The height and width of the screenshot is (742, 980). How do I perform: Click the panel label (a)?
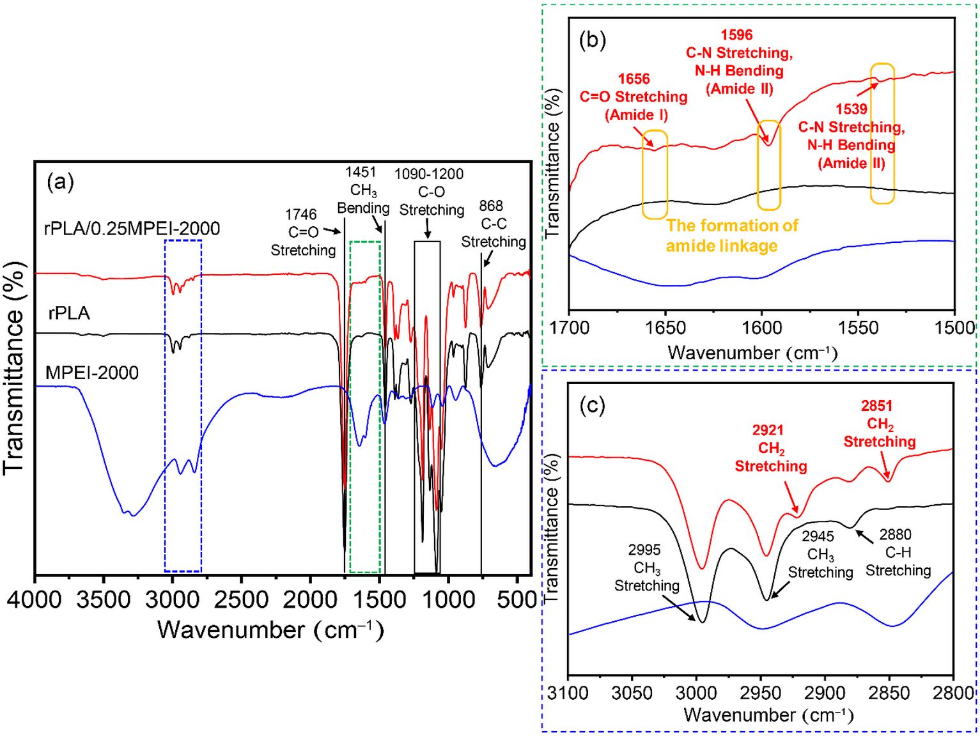[61, 183]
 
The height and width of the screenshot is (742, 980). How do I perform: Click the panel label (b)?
[592, 41]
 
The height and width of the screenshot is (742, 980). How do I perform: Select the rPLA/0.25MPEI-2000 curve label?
[132, 229]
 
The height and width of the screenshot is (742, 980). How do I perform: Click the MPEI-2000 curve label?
[92, 373]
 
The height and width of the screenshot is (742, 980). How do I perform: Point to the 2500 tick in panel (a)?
[241, 599]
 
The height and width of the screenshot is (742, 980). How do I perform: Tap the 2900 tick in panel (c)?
[825, 693]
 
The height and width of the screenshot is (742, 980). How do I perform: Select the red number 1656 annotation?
[634, 79]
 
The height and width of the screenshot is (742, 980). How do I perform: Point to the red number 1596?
[736, 35]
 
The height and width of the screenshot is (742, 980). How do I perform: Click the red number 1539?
[851, 109]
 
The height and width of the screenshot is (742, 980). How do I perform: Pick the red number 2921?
[768, 430]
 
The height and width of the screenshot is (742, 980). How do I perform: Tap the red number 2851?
[876, 406]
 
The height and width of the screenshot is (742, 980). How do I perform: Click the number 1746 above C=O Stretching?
[301, 215]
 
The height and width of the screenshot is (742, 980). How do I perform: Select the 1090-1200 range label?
[429, 174]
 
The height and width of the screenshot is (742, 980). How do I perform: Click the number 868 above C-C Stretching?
[491, 206]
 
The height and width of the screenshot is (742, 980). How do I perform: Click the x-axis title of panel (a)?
[270, 630]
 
